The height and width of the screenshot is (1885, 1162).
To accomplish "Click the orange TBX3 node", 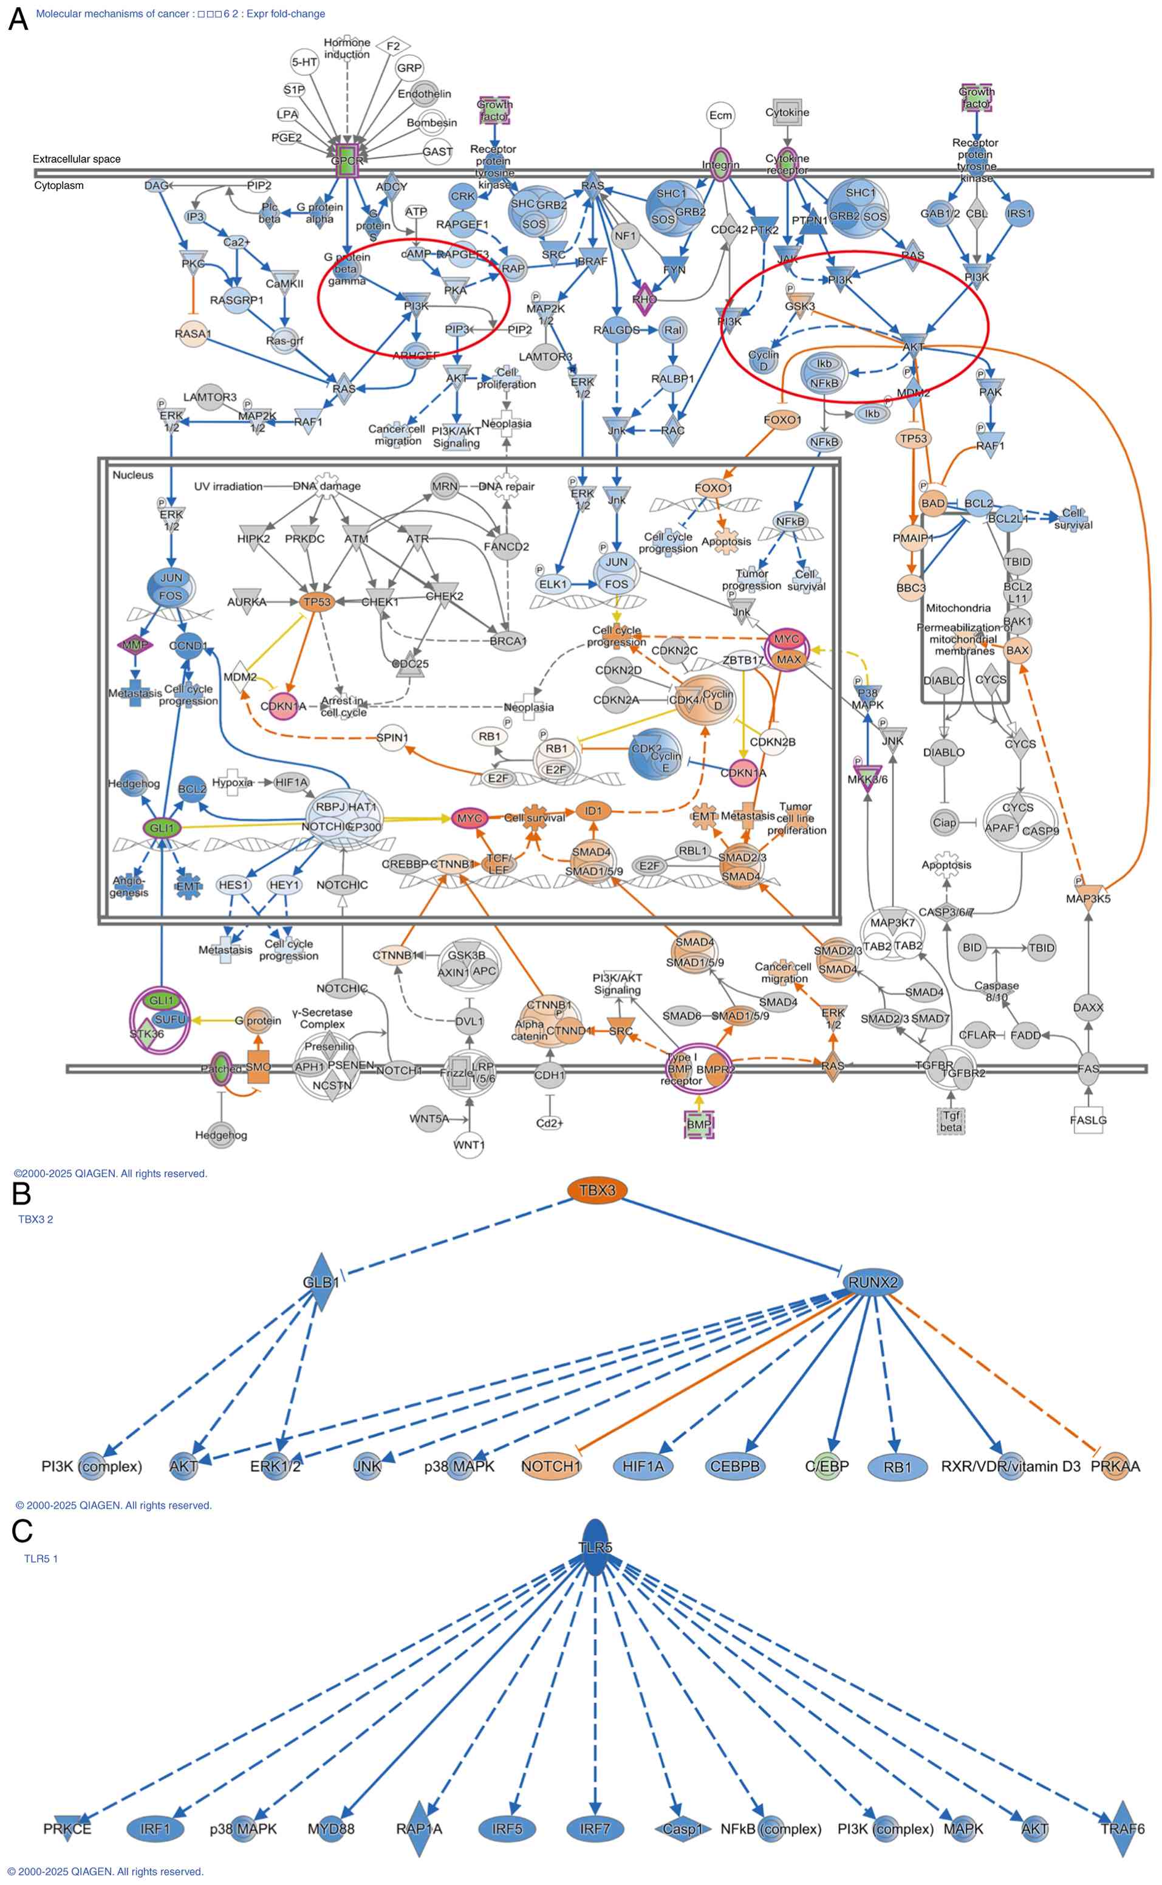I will [597, 1190].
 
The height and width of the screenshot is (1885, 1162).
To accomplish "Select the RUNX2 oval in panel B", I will [872, 1282].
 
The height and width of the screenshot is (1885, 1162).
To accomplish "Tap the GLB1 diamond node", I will [321, 1282].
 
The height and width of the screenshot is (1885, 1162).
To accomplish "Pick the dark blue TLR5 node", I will [596, 1546].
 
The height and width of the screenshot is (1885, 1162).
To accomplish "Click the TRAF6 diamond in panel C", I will [1122, 1829].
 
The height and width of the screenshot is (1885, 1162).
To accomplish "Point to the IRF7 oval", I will [595, 1829].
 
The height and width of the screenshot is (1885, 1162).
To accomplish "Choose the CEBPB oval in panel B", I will [735, 1466].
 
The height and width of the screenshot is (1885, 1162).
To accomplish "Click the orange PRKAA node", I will [1115, 1466].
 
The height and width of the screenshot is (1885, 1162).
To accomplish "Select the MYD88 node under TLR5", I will [331, 1829].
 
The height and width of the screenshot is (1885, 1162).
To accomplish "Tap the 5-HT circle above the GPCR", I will [304, 62].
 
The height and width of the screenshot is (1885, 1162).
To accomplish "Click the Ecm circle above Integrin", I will [720, 115].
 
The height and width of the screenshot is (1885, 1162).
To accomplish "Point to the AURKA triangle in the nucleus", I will [247, 601].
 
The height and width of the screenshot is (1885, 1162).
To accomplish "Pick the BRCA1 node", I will [507, 640].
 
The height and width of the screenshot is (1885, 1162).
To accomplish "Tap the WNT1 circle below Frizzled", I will [469, 1145].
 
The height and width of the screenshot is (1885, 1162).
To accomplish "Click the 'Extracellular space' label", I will [76, 159].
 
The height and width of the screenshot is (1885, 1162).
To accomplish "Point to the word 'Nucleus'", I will [132, 475].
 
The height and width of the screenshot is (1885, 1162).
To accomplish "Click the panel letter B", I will [21, 1194].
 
